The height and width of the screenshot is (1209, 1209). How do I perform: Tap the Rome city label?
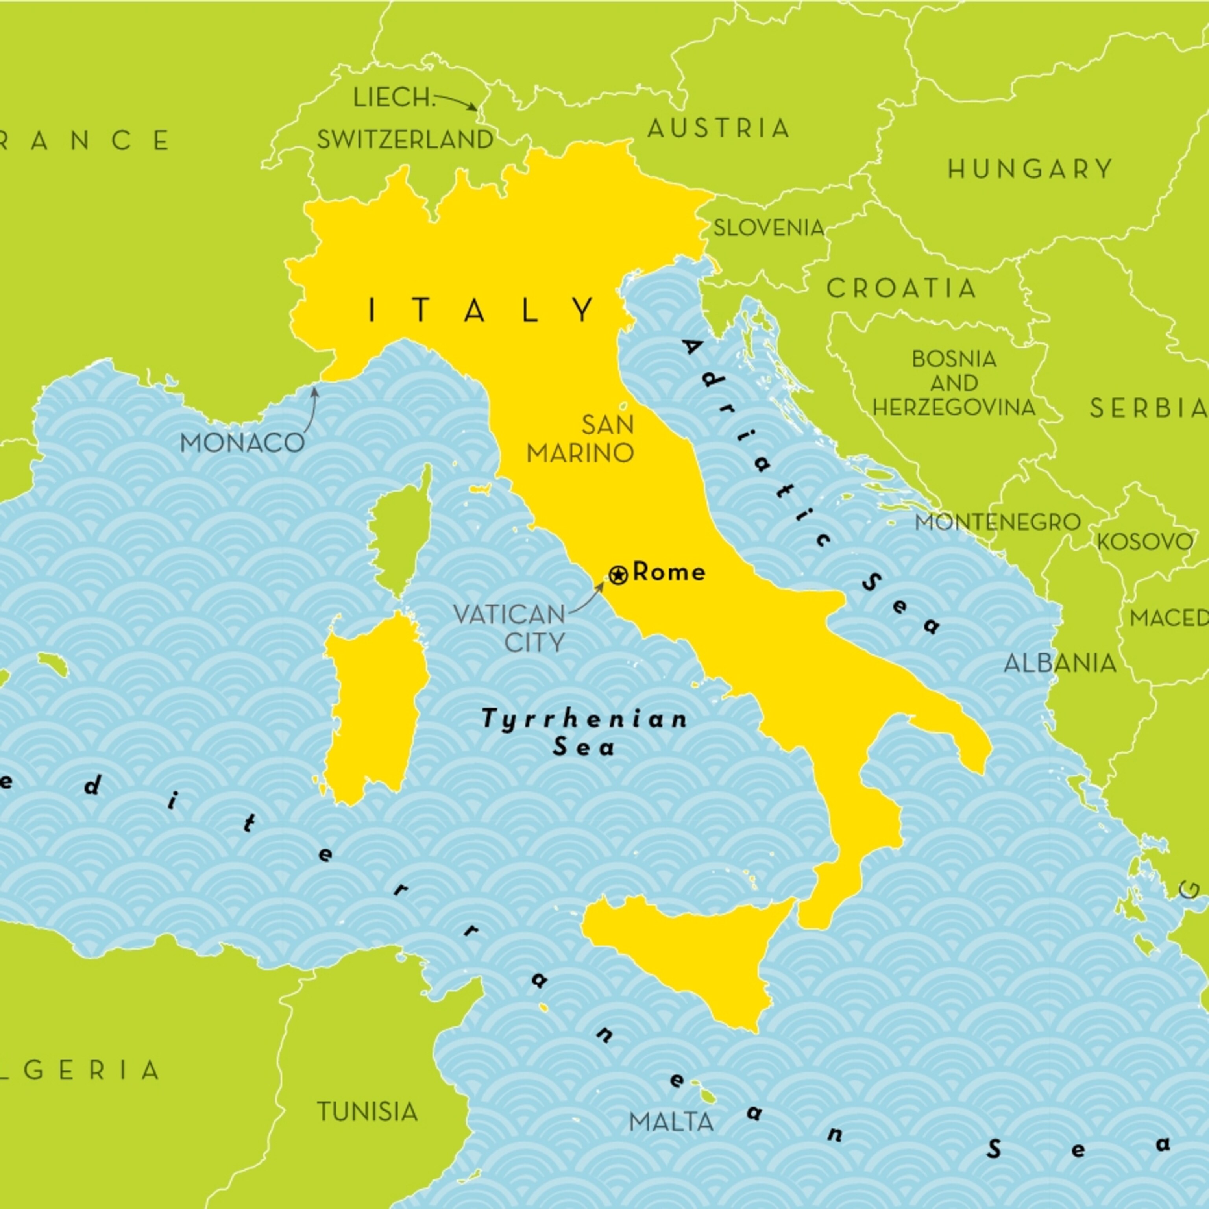pos(669,572)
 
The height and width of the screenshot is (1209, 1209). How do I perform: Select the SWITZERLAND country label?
pos(405,140)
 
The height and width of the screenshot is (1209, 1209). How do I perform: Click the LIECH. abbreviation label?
pos(394,98)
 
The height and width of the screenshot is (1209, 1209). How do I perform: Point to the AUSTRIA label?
pos(718,128)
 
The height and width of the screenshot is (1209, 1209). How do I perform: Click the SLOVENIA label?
pos(769,228)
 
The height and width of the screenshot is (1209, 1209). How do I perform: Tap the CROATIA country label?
pos(901,288)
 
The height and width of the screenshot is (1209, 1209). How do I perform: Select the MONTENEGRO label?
pos(998,522)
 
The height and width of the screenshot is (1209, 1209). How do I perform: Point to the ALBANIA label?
pos(1060,663)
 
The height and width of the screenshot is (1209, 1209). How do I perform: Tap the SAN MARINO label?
pos(581,439)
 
